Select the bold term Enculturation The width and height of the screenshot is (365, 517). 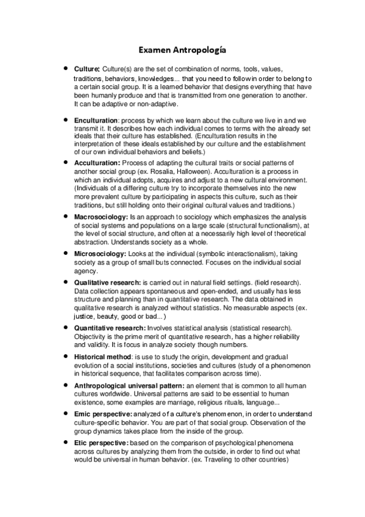pyautogui.click(x=96, y=119)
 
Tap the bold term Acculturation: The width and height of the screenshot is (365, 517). pyautogui.click(x=97, y=164)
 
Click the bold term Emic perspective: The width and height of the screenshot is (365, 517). pyautogui.click(x=102, y=414)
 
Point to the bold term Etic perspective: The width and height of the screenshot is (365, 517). pyautogui.click(x=101, y=442)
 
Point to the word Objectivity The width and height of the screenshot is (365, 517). pyautogui.click(x=91, y=337)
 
